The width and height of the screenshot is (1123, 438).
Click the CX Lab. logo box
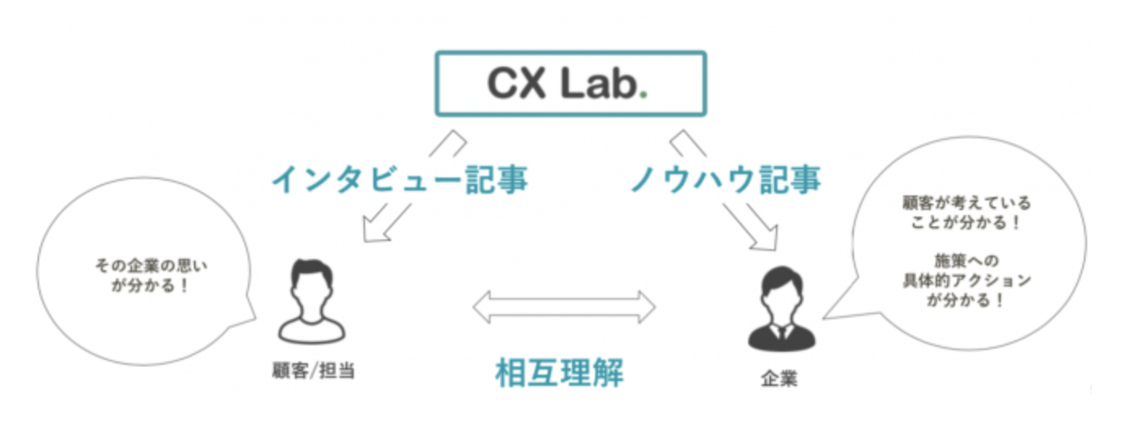(x=570, y=84)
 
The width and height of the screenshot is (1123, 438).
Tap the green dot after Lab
(x=642, y=95)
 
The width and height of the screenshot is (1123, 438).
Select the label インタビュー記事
(x=399, y=179)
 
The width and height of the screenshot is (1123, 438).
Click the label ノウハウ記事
(x=724, y=179)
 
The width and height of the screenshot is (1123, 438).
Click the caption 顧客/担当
(x=313, y=370)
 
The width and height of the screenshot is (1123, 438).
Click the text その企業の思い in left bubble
(x=146, y=265)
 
